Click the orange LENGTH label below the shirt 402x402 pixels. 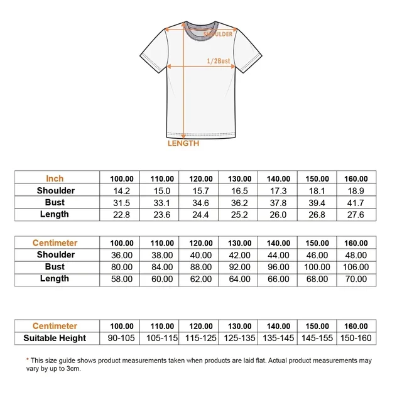click(183, 143)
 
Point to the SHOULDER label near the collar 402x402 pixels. click(218, 35)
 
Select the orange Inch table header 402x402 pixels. click(55, 178)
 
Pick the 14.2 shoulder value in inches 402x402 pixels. click(122, 191)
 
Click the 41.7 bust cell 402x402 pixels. click(356, 203)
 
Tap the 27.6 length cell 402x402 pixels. click(356, 215)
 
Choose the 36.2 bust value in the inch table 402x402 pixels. click(239, 203)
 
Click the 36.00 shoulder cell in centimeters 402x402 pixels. click(122, 255)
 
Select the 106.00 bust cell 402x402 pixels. click(356, 267)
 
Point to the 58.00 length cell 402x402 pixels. click(122, 279)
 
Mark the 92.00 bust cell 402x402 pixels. click(239, 267)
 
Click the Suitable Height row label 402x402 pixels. click(55, 339)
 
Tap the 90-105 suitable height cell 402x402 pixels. click(122, 339)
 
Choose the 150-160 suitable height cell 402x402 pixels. click(356, 339)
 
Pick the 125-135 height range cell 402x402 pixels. click(239, 339)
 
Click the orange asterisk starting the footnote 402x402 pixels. click(28, 361)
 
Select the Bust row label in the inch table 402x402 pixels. click(55, 203)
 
